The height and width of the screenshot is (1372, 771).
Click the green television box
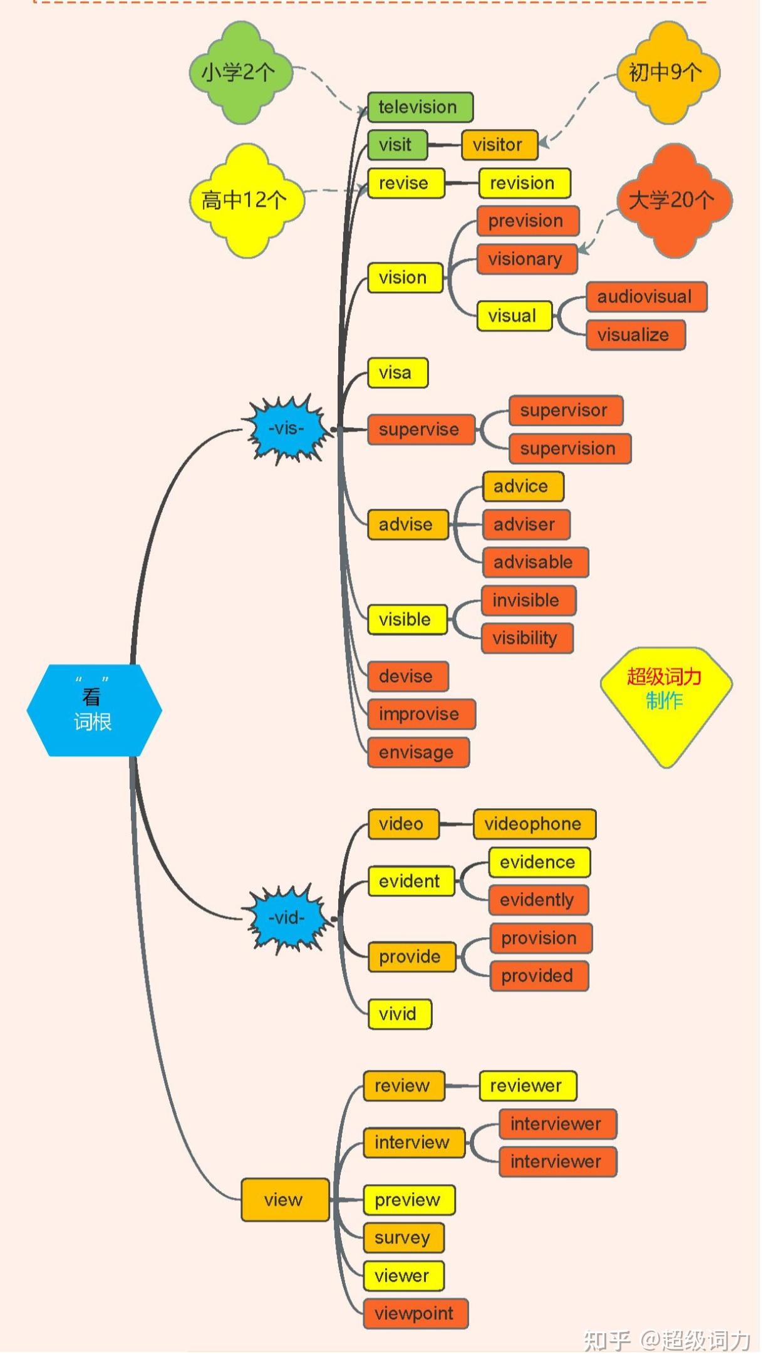[x=420, y=107]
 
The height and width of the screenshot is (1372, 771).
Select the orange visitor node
[x=499, y=145]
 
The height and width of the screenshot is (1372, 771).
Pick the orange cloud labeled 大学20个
[x=674, y=200]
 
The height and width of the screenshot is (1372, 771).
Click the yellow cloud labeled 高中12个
[x=246, y=200]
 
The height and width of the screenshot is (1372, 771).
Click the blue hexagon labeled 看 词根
[x=94, y=710]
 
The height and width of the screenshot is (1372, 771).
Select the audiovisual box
[x=646, y=297]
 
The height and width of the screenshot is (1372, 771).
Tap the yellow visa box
[x=398, y=373]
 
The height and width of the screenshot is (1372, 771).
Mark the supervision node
[x=570, y=449]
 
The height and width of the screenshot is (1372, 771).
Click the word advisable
[x=533, y=562]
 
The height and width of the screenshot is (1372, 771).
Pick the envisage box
[x=418, y=752]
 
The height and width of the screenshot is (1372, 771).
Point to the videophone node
[x=534, y=824]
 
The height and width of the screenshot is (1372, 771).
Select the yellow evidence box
[x=539, y=862]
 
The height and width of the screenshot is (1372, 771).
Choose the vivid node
[x=400, y=1014]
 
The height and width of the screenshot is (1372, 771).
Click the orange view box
[x=285, y=1200]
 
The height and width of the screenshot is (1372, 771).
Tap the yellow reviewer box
[x=528, y=1086]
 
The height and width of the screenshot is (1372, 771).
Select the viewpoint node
[x=416, y=1313]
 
